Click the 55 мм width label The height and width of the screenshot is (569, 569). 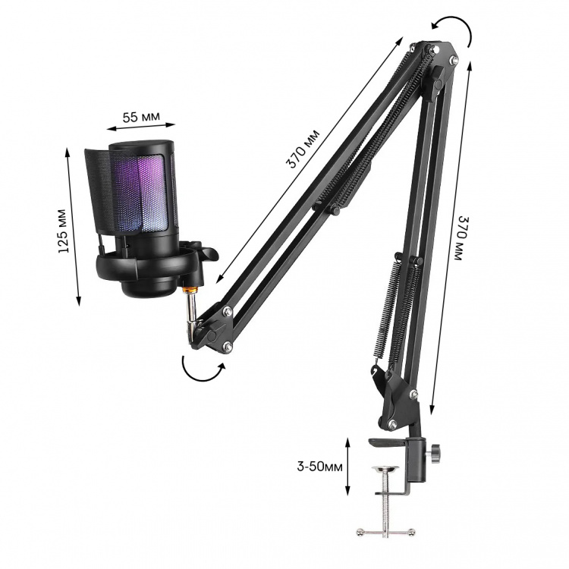click(141, 117)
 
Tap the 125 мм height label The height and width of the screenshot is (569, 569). click(63, 231)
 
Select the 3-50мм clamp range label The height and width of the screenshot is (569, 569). click(319, 467)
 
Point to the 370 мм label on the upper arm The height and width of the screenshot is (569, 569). click(303, 149)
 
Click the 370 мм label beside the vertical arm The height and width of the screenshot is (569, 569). click(462, 238)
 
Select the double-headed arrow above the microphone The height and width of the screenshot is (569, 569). click(141, 127)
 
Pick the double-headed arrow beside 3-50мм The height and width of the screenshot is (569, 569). click(347, 467)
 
